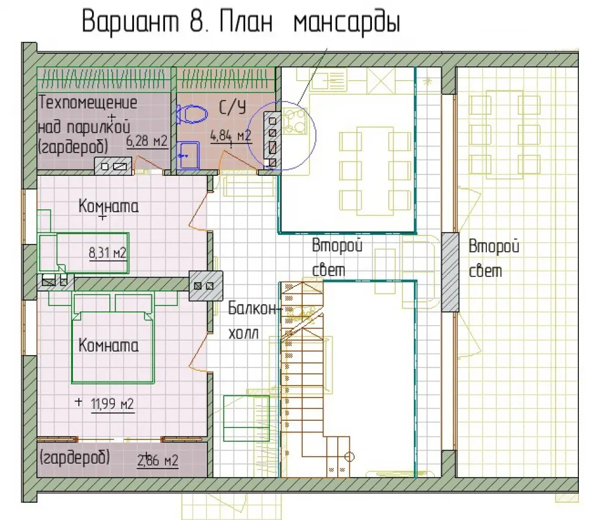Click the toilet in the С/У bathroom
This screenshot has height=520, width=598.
coord(191,114)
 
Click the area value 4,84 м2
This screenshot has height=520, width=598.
coord(231,136)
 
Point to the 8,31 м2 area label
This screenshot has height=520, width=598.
coord(107,253)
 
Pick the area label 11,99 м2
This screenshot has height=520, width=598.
coord(112,403)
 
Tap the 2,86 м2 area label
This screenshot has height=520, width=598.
coord(157,460)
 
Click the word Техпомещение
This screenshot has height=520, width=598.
coord(88,103)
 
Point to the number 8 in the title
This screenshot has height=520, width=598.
coord(196,22)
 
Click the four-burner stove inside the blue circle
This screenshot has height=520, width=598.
coord(294,121)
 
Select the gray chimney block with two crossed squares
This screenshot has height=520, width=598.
coord(206,286)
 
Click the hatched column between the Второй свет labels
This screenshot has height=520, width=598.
coord(450,272)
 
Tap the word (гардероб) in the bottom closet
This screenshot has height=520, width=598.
coord(74,457)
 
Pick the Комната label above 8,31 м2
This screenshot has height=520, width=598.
coord(109,206)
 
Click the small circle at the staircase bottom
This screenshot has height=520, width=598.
coord(350,456)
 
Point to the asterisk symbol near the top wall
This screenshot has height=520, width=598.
coord(428,81)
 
